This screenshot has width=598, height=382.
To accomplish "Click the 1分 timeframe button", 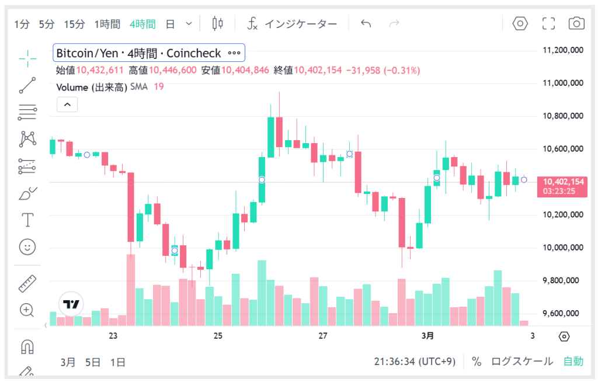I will tap(22, 24).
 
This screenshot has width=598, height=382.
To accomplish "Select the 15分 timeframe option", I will tap(74, 24).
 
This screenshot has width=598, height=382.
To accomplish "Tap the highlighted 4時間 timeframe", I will tap(142, 24).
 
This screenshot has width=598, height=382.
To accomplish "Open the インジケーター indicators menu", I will tap(292, 24).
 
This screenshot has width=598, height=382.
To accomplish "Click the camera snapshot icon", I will tap(576, 23).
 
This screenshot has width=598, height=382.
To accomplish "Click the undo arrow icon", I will tap(366, 23).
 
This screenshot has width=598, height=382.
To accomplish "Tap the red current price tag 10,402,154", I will tap(562, 182).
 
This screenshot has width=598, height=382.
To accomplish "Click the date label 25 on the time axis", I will tap(218, 336).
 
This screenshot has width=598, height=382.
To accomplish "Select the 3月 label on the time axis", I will tap(427, 336).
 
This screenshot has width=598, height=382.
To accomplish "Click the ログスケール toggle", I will tap(521, 362).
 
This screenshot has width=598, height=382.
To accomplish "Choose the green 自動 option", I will tap(573, 362).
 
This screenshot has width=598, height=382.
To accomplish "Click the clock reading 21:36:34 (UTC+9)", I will tap(415, 362).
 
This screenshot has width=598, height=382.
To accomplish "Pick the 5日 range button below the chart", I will tap(93, 362).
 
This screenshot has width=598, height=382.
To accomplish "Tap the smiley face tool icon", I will tap(27, 246).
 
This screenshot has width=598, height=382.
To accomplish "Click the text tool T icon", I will tap(27, 220).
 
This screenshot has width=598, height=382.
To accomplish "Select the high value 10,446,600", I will tap(173, 71).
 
